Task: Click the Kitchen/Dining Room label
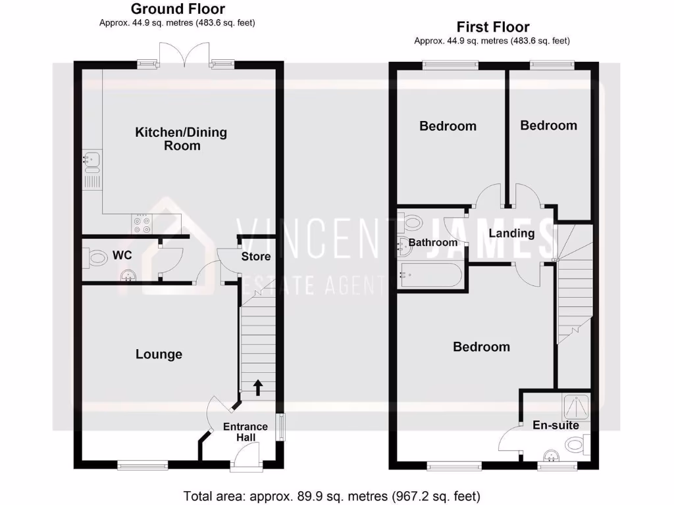[x=181, y=139]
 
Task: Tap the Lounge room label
[x=159, y=354]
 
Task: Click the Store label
[x=255, y=256]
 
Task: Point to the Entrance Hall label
[x=246, y=432]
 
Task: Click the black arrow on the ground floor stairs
[x=257, y=387]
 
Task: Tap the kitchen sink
[x=90, y=159]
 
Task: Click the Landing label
[x=511, y=233]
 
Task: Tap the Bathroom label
[x=432, y=243]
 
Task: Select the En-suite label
[x=556, y=425]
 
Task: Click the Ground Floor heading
[x=178, y=9]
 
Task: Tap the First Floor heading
[x=492, y=28]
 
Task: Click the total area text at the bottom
[x=331, y=495]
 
